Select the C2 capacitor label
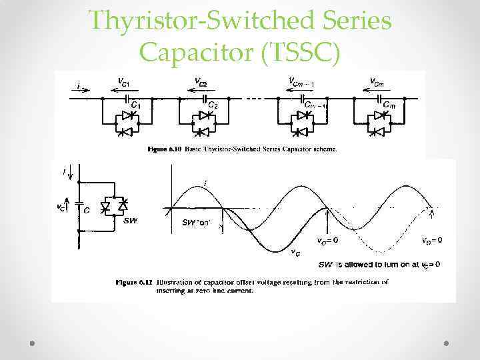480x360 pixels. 213,105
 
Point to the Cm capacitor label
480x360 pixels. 388,105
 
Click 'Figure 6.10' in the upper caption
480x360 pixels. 162,149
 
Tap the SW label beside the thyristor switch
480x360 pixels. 130,221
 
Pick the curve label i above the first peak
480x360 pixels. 204,183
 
